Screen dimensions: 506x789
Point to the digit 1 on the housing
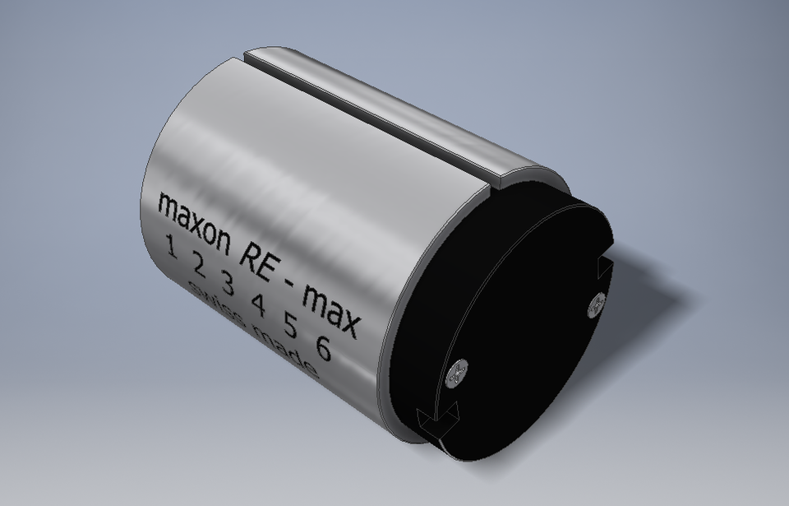coord(172,246)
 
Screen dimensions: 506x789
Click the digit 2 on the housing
coord(199,265)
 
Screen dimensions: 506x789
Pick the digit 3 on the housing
coord(228,285)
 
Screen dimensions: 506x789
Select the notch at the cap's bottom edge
coord(434,424)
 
